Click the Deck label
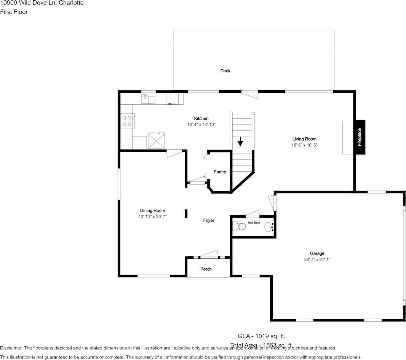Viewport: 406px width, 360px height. click(225, 71)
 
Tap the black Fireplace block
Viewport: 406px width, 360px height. click(359, 137)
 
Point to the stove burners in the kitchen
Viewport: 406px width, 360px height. click(126, 121)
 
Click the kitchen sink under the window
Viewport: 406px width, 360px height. click(148, 99)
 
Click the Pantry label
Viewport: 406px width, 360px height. click(220, 172)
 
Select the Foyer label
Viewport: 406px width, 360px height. click(208, 220)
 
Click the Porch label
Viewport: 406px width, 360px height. click(206, 269)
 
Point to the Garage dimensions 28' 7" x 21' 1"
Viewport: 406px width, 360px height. click(317, 260)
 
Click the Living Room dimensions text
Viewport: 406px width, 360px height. click(304, 145)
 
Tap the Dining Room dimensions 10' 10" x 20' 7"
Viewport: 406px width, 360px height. click(152, 217)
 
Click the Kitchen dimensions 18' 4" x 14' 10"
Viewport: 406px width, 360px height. click(201, 124)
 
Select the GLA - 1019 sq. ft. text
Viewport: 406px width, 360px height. click(261, 336)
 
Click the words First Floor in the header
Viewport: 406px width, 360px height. click(14, 12)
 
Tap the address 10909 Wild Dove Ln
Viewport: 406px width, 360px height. click(31, 3)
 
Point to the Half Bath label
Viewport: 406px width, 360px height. click(254, 223)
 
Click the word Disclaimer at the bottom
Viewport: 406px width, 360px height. click(11, 348)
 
